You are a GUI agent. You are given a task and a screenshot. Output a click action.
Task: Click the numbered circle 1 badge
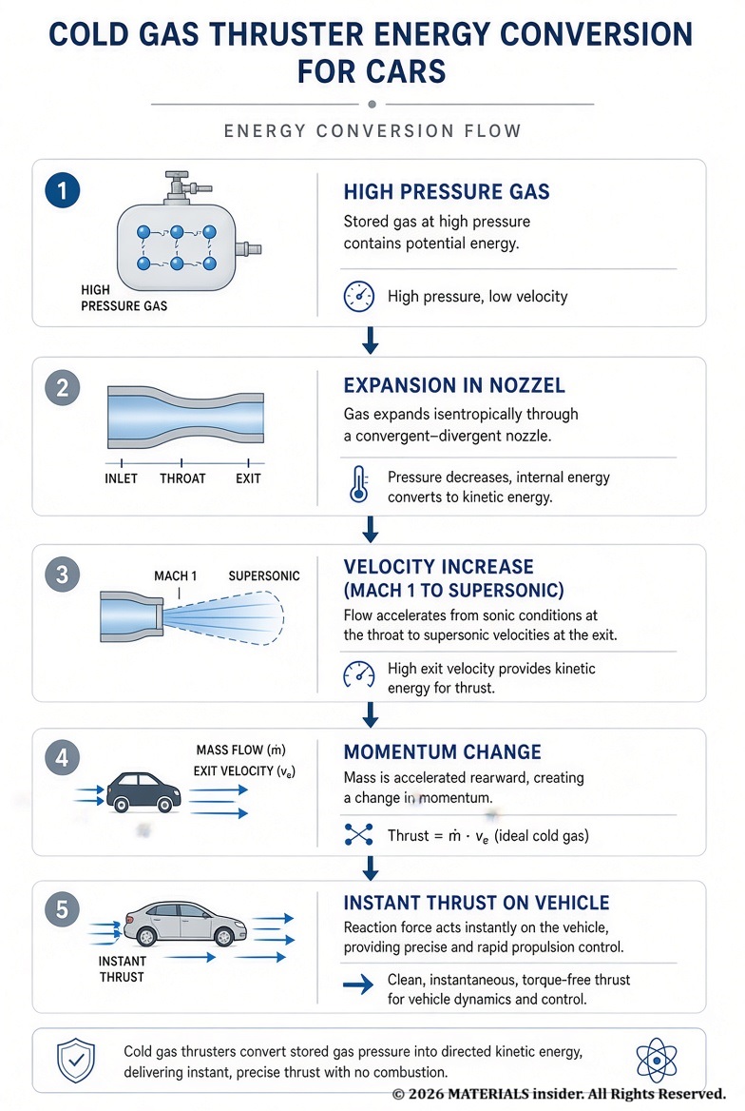(63, 190)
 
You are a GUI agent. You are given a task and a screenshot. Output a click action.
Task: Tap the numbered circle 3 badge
(63, 574)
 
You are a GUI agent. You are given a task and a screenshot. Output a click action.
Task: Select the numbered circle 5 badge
(63, 909)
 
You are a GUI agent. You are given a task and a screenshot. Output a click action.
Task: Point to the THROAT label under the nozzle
(182, 478)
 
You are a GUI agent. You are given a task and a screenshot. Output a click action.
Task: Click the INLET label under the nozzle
(121, 478)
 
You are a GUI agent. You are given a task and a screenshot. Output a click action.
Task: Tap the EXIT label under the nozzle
(248, 478)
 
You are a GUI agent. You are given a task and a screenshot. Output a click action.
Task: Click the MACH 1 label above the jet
(175, 576)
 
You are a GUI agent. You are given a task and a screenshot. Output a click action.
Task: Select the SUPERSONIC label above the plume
(263, 576)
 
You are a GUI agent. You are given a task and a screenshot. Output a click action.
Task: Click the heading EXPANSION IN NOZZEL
(454, 385)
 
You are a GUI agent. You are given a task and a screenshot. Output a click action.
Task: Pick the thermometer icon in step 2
(359, 485)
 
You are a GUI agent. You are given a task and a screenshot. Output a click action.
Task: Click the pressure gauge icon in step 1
(359, 296)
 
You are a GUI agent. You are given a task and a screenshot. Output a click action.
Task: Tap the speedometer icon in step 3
(359, 675)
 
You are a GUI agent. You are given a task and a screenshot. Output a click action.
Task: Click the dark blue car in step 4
(143, 791)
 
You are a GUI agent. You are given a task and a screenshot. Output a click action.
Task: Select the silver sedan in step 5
(185, 924)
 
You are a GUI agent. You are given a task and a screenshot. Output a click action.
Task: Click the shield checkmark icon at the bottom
(76, 1061)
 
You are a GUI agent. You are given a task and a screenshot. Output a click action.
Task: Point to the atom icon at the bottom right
(657, 1061)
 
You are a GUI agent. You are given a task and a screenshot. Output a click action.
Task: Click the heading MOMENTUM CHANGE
(443, 751)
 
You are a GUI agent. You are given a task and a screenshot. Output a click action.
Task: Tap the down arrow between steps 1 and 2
(371, 341)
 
